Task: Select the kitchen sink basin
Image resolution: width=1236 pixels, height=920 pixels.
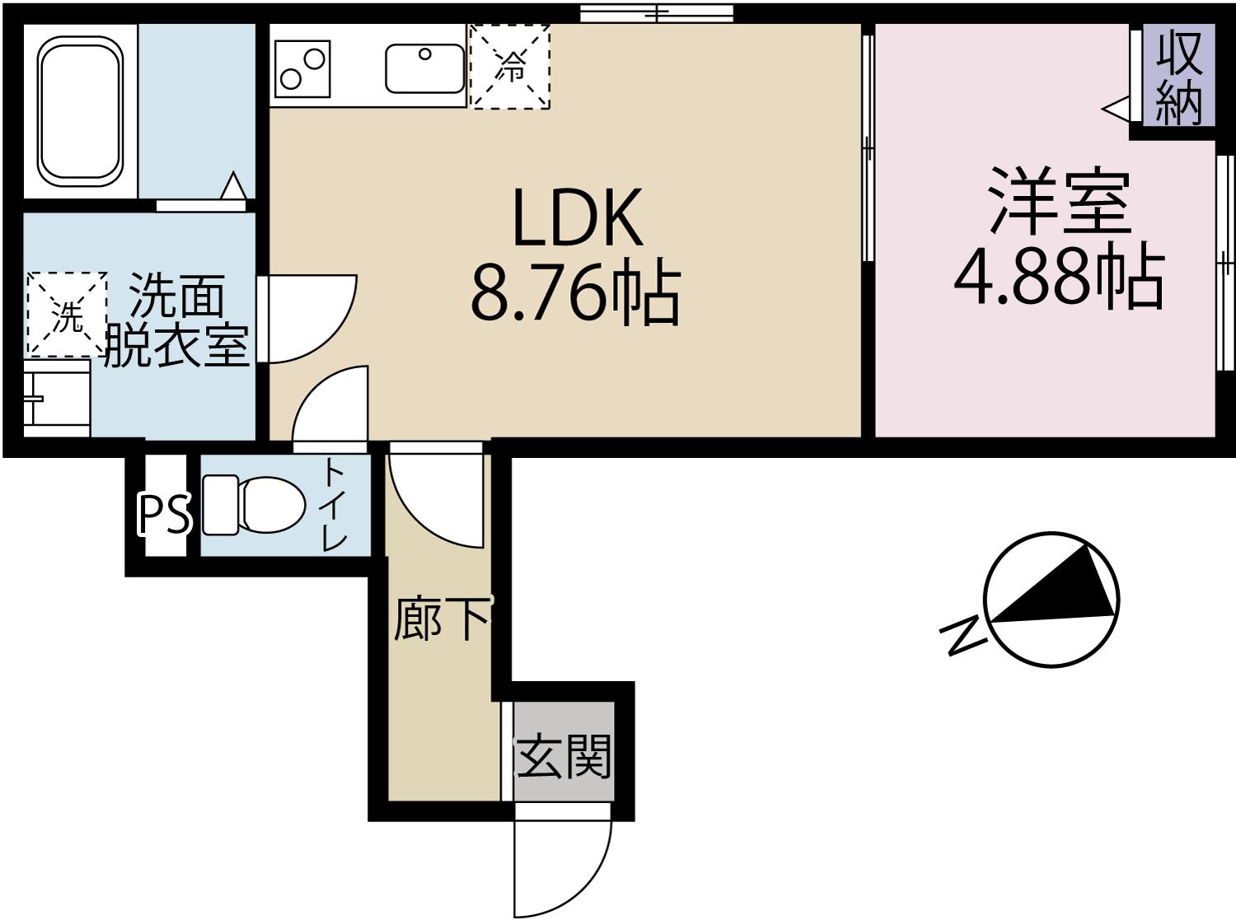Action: point(424,69)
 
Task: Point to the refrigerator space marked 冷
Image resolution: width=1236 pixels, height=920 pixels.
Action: point(509,67)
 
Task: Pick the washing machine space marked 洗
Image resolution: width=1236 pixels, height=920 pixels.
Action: point(68,315)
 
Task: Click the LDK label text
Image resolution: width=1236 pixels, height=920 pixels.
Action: point(576,218)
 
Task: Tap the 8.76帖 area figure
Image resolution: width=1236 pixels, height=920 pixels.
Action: point(574,293)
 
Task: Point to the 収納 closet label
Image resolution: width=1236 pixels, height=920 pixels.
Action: point(1178,77)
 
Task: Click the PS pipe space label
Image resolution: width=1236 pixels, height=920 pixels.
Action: point(164,515)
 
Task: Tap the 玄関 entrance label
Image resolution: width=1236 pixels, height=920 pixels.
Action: point(564,756)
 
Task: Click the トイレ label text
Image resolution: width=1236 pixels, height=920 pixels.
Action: point(334,504)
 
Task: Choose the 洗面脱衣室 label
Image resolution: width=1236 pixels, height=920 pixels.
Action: point(176,322)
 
